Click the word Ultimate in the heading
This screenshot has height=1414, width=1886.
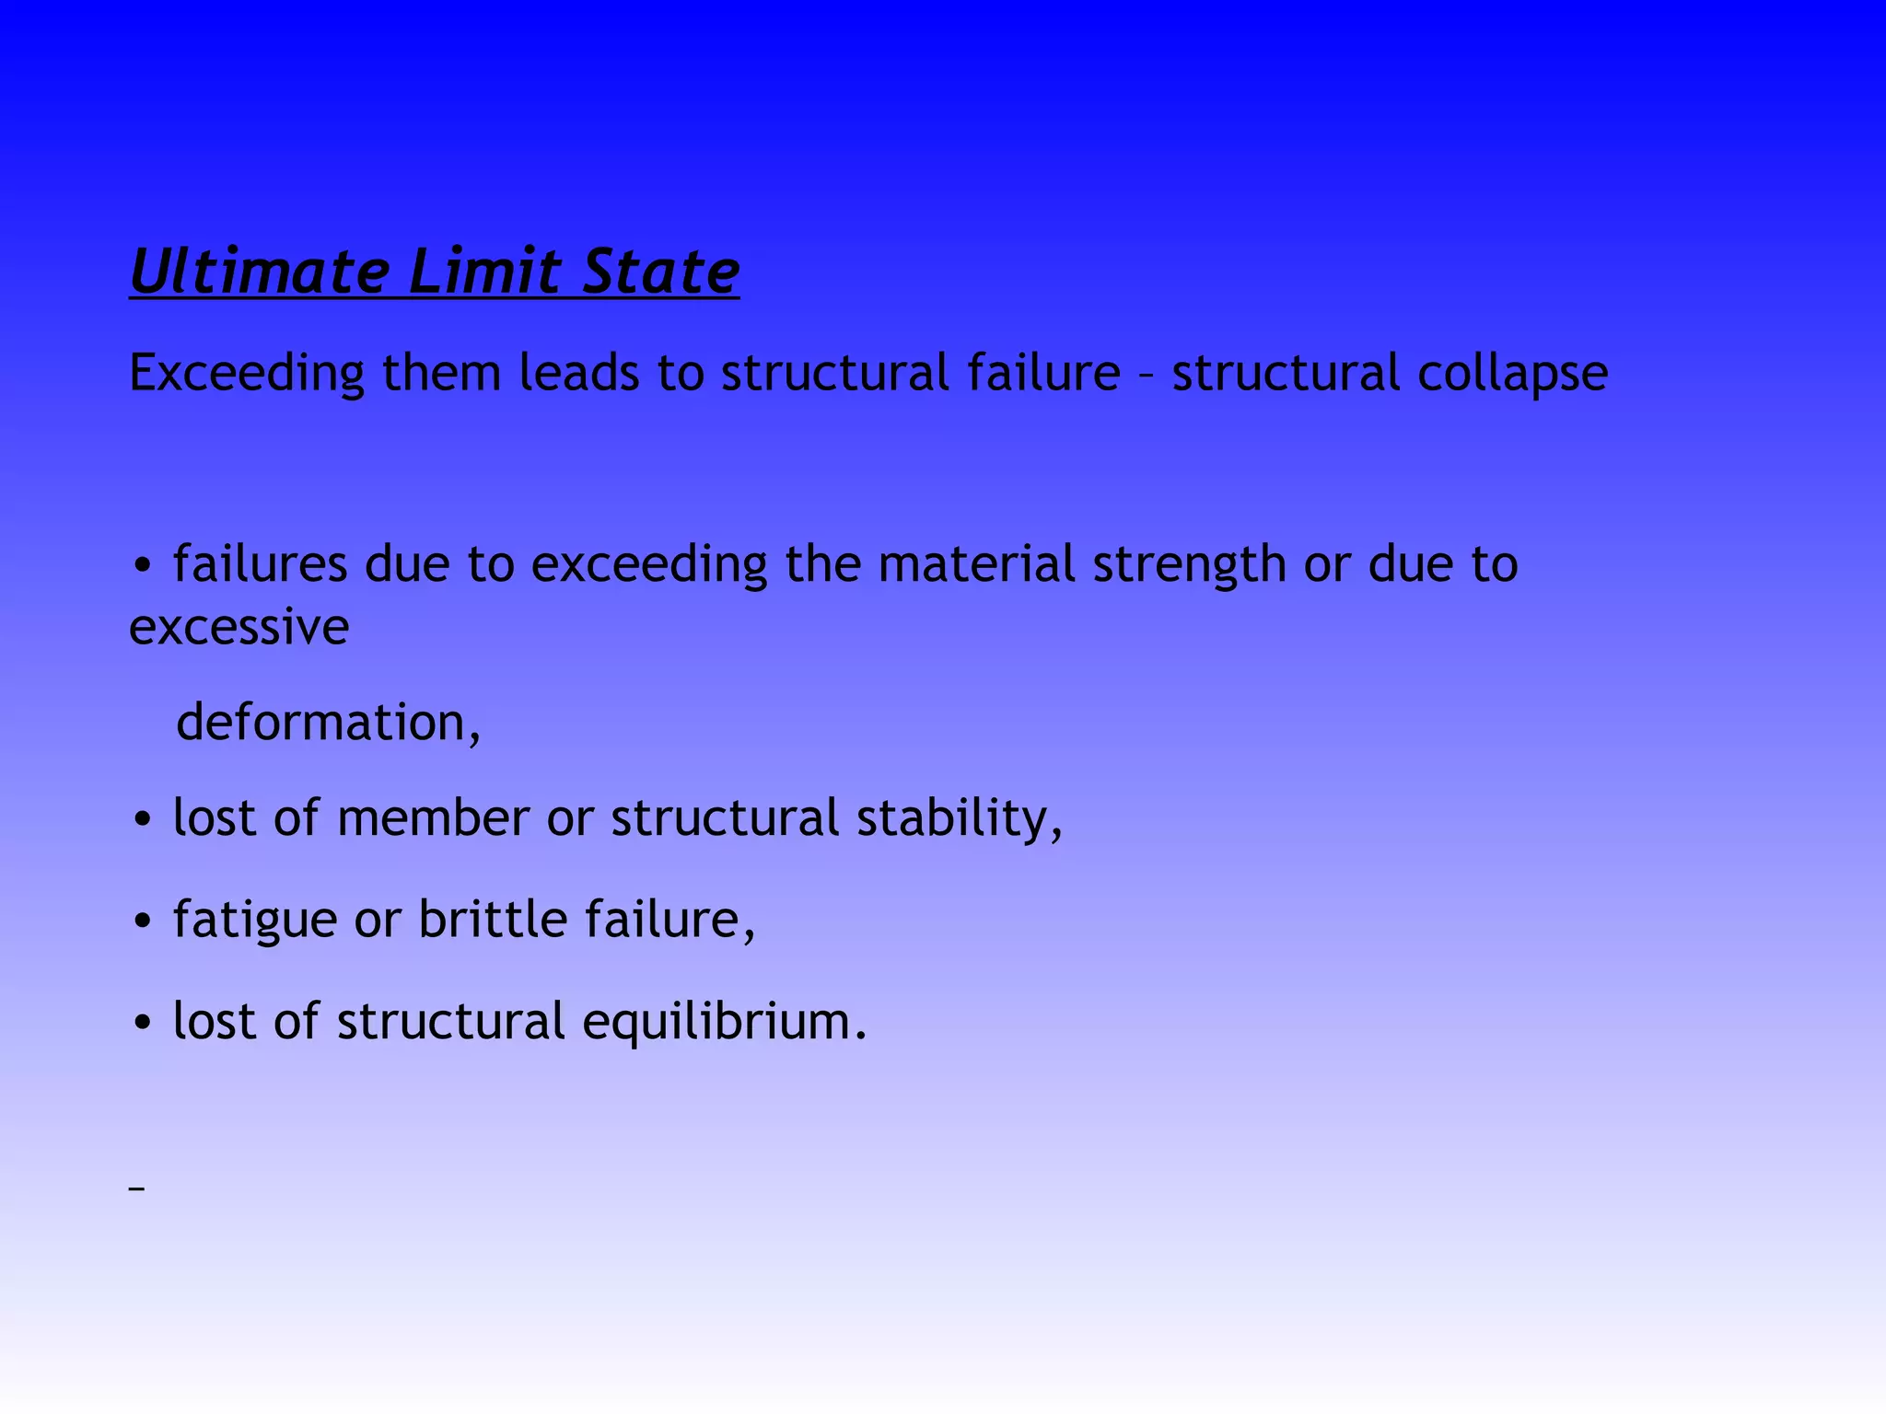[x=260, y=272]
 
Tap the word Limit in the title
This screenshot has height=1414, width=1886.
[x=484, y=272]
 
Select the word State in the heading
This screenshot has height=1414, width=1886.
[x=660, y=272]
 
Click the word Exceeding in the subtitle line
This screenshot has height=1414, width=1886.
[x=247, y=374]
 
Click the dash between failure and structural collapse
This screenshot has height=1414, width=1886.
[x=1146, y=376]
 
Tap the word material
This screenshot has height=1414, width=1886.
[x=976, y=563]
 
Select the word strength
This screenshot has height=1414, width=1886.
[x=1189, y=565]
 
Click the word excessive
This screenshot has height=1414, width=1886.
[x=239, y=628]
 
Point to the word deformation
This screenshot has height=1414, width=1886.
[x=327, y=723]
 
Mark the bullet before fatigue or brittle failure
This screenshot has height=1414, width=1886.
[x=142, y=921]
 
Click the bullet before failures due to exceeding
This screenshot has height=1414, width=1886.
[x=142, y=566]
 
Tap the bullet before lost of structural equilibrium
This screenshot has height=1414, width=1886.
[x=142, y=1024]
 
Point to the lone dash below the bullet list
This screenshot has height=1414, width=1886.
[x=137, y=1189]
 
